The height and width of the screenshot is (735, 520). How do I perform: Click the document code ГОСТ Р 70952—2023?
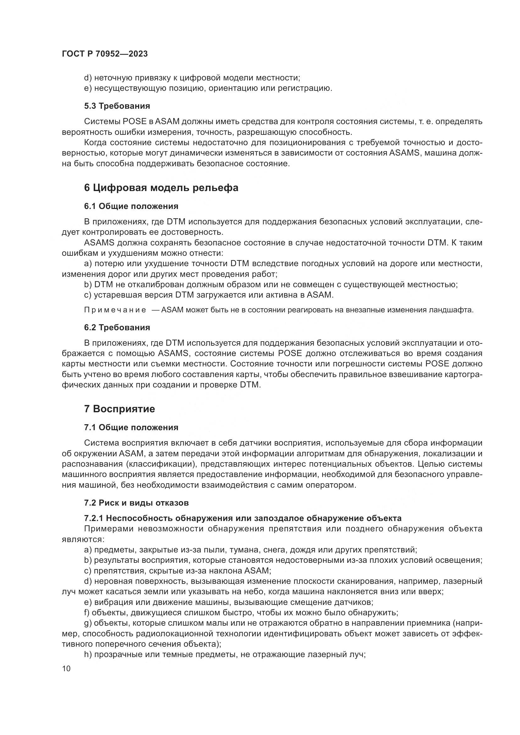click(x=105, y=54)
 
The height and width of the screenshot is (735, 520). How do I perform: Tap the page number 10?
click(x=66, y=669)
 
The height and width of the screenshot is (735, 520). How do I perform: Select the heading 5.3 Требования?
click(x=117, y=106)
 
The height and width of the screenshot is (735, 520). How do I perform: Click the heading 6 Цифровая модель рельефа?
click(x=161, y=188)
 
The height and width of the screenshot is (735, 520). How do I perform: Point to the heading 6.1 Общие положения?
click(x=131, y=206)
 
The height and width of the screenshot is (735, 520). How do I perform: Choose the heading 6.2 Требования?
click(x=117, y=327)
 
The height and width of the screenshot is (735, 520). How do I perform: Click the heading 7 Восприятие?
click(x=119, y=409)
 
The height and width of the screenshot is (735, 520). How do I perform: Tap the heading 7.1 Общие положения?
click(x=131, y=427)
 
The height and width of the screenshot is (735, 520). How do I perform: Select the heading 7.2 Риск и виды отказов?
click(x=136, y=502)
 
